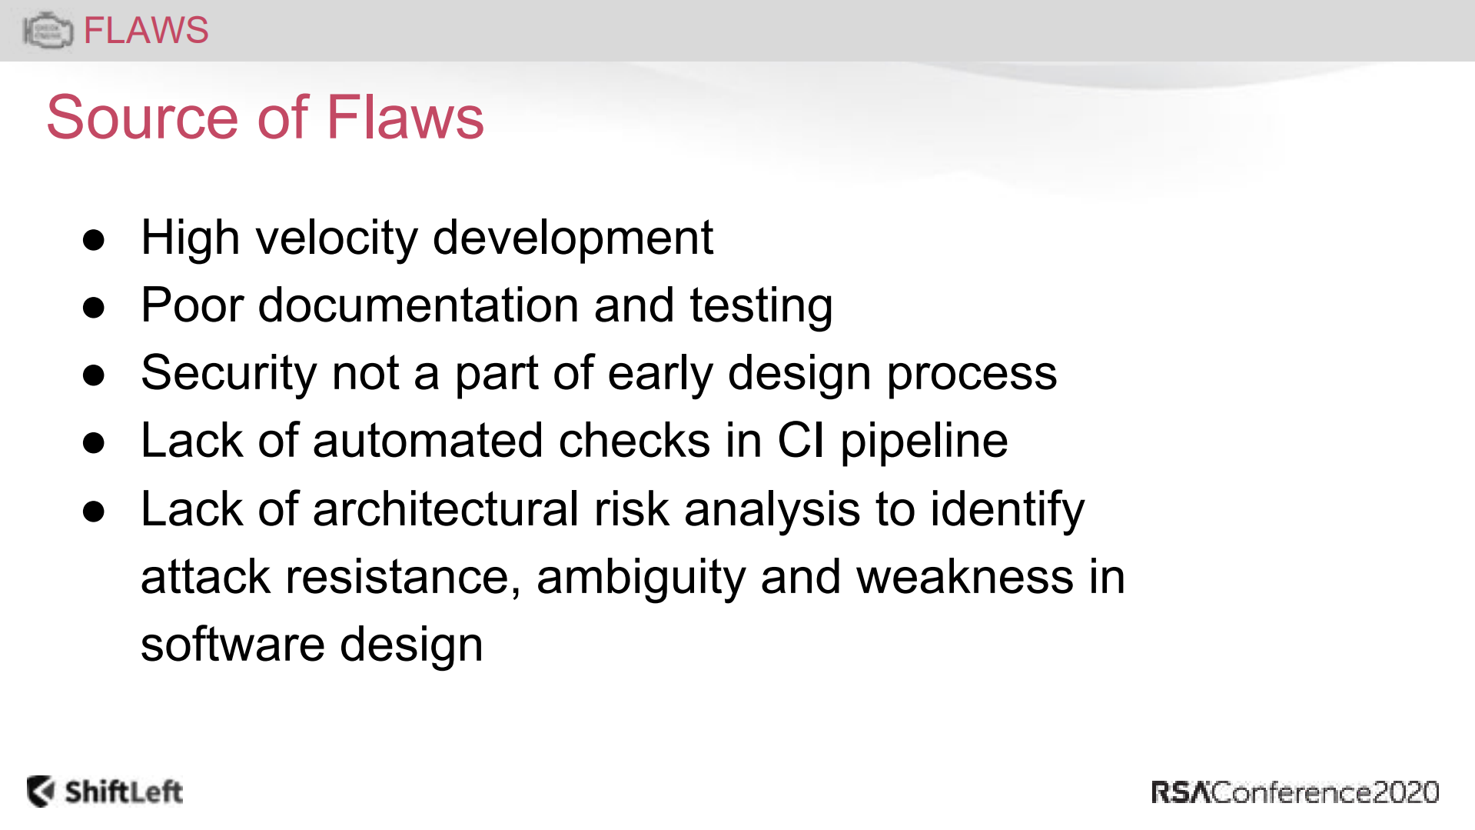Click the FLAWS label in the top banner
pyautogui.click(x=145, y=31)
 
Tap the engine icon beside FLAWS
pyautogui.click(x=48, y=31)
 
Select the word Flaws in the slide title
pyautogui.click(x=405, y=117)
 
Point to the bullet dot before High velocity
pyautogui.click(x=94, y=240)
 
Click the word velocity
pyautogui.click(x=337, y=238)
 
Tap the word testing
pyautogui.click(x=761, y=306)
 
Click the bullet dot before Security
pyautogui.click(x=94, y=375)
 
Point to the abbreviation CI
pyautogui.click(x=801, y=441)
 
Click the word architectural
pyautogui.click(x=445, y=508)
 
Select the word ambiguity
pyautogui.click(x=641, y=578)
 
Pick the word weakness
pyautogui.click(x=965, y=577)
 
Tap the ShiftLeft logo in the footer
pyautogui.click(x=105, y=792)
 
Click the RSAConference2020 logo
pyautogui.click(x=1295, y=792)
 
